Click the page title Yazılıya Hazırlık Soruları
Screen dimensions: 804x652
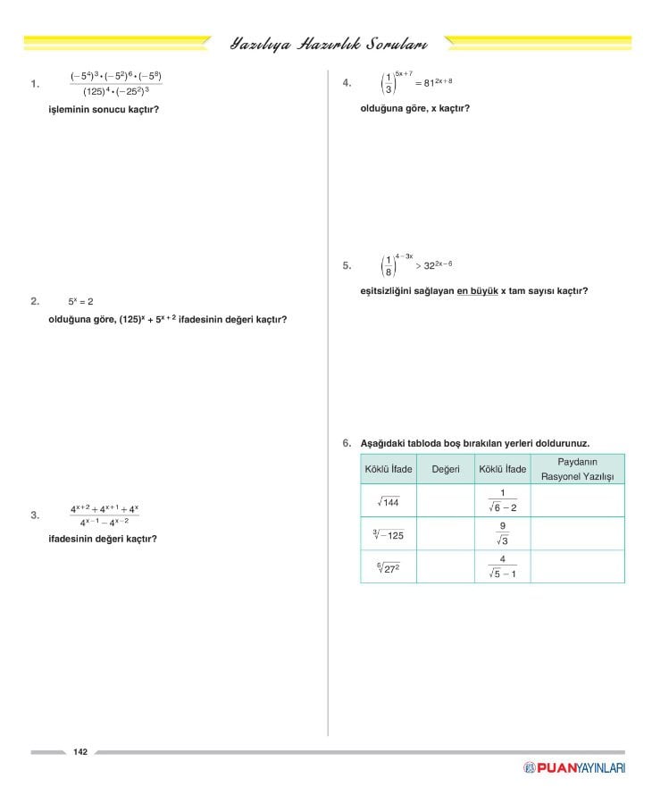pyautogui.click(x=328, y=43)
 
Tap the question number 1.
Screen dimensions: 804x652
pyautogui.click(x=34, y=85)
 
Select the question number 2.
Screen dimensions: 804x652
pyautogui.click(x=34, y=302)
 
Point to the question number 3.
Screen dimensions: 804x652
pyautogui.click(x=34, y=515)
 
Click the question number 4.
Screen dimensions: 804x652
pyautogui.click(x=347, y=83)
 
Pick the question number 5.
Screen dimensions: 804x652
pyautogui.click(x=347, y=265)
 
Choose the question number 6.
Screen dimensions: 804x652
pyautogui.click(x=347, y=442)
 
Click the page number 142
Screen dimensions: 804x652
pyautogui.click(x=80, y=752)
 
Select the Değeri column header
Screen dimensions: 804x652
pyautogui.click(x=445, y=469)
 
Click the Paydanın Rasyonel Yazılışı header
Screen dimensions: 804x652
pyautogui.click(x=578, y=469)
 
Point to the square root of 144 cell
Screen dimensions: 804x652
pyautogui.click(x=389, y=502)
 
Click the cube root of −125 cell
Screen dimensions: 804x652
pyautogui.click(x=389, y=535)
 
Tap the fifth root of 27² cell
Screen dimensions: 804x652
pyautogui.click(x=388, y=566)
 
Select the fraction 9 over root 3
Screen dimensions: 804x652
pyautogui.click(x=503, y=533)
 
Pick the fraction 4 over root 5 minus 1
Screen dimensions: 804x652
pyautogui.click(x=503, y=566)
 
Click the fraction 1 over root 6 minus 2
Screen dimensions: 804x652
pyautogui.click(x=503, y=500)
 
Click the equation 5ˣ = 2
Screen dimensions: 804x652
pyautogui.click(x=80, y=302)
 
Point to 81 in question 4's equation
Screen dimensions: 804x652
pyautogui.click(x=430, y=84)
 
